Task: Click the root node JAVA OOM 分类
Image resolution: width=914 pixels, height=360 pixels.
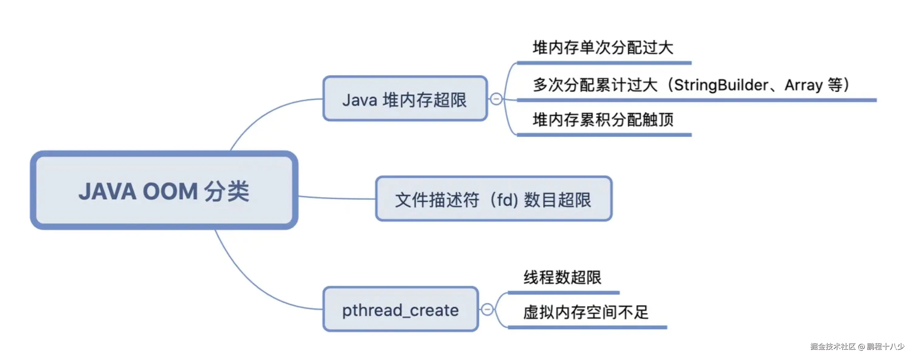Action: click(x=164, y=190)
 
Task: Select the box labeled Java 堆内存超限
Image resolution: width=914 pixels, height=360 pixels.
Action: click(x=405, y=99)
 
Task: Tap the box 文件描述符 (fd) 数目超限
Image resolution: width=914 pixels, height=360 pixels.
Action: click(x=493, y=199)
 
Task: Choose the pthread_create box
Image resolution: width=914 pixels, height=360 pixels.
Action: click(x=400, y=310)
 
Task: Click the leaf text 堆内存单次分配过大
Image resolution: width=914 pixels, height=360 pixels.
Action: click(x=602, y=47)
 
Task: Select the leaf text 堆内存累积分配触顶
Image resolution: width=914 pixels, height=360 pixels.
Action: click(x=602, y=119)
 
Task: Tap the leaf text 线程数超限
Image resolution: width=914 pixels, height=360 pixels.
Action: click(x=562, y=277)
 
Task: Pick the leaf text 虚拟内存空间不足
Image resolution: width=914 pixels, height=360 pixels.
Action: click(x=586, y=312)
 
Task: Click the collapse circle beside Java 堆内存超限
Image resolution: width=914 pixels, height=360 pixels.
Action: click(x=496, y=99)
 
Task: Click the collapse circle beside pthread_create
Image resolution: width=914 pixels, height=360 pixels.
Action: click(x=487, y=309)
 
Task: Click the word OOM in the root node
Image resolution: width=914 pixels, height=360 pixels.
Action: click(x=170, y=191)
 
